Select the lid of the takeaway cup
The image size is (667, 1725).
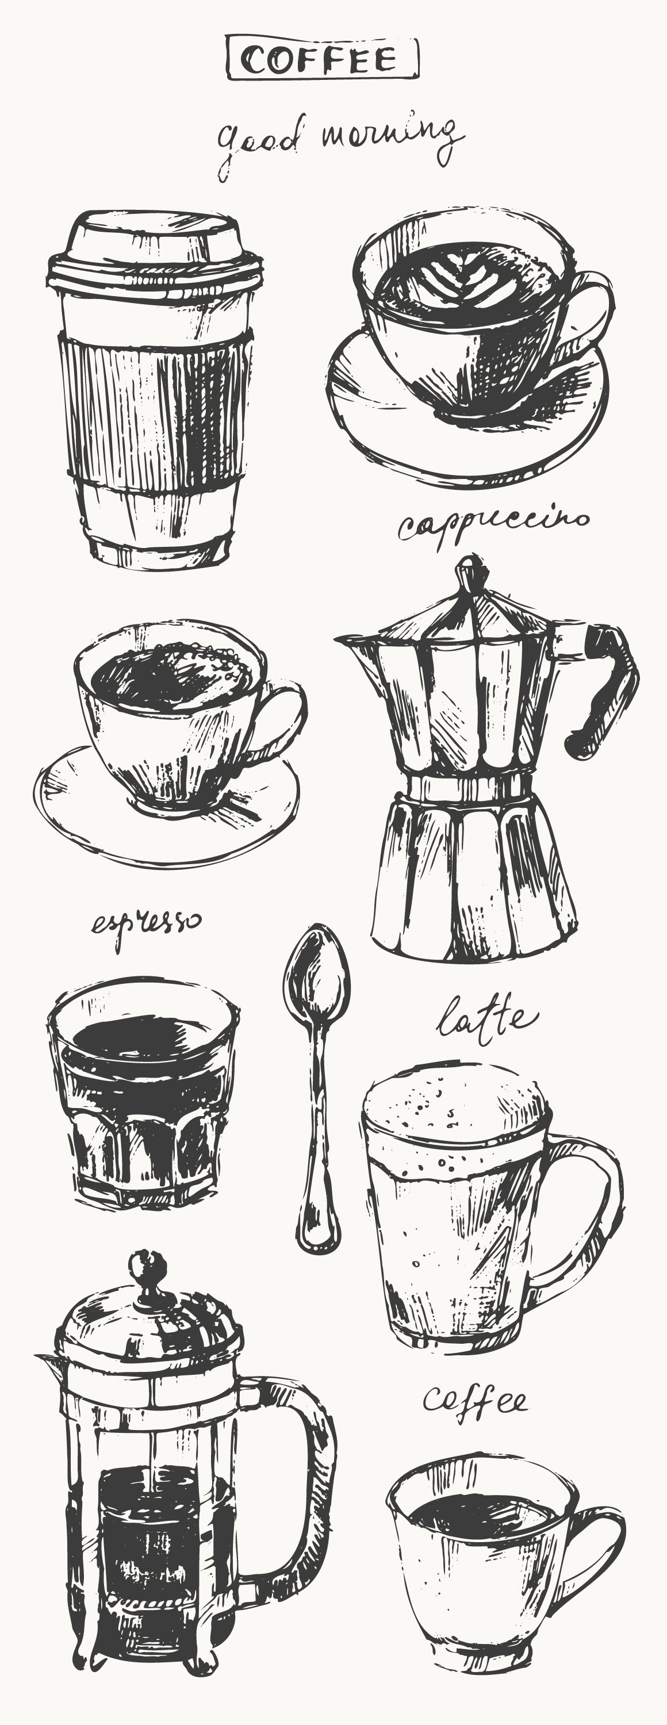coord(154,248)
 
